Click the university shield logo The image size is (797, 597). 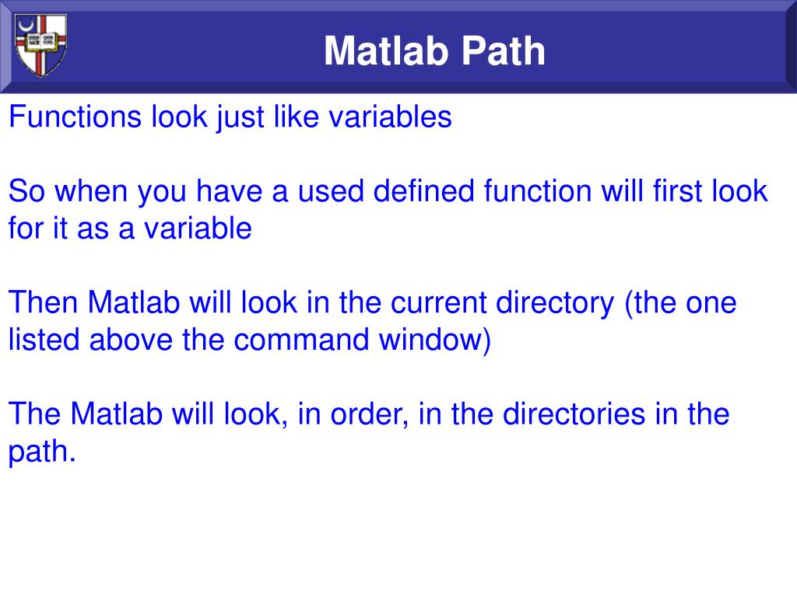point(41,45)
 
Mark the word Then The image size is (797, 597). point(44,302)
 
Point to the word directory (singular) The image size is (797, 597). point(559,302)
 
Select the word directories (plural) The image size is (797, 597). point(574,414)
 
